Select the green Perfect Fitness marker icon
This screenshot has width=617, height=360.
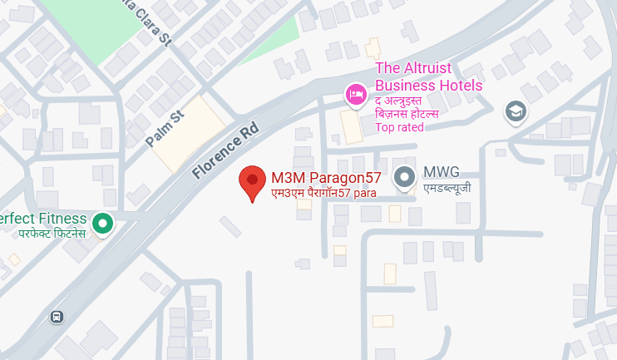(x=102, y=223)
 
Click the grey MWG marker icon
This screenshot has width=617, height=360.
(x=405, y=177)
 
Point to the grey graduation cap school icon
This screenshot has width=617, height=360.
(x=516, y=111)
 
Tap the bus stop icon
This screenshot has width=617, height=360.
(x=57, y=317)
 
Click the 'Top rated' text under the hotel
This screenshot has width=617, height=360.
(x=400, y=127)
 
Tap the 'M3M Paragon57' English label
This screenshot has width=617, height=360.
(x=326, y=177)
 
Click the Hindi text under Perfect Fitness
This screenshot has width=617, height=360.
(x=52, y=234)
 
